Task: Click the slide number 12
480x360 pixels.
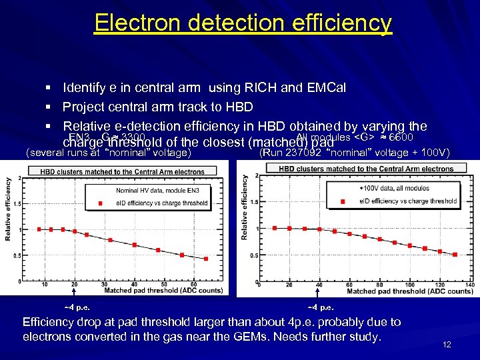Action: (x=447, y=345)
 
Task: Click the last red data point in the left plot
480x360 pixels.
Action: (x=206, y=259)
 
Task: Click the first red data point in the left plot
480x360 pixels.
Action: (x=39, y=229)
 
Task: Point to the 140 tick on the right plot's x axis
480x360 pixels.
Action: (x=469, y=285)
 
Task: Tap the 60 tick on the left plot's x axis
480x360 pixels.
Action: (x=193, y=285)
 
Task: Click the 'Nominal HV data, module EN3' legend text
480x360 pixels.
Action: (x=153, y=191)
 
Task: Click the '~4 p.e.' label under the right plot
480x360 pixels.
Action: (x=321, y=307)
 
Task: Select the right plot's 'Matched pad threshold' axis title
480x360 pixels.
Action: (x=409, y=291)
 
